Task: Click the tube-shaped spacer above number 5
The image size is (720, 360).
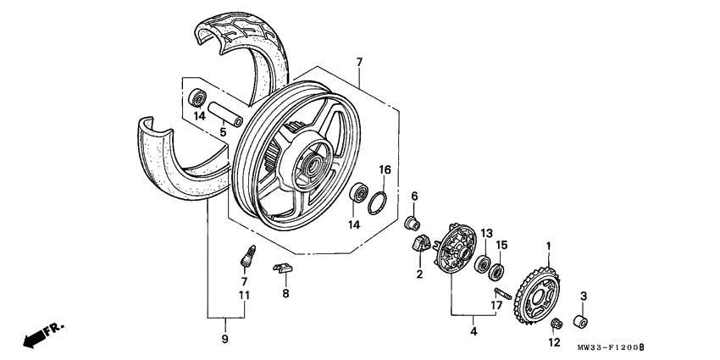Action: pos(223,113)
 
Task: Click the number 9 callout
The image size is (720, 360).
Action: pos(225,339)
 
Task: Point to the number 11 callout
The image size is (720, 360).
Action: pos(244,295)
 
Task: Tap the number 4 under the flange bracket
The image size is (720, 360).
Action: pos(474,332)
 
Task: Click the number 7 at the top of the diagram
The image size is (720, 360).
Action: pos(358,63)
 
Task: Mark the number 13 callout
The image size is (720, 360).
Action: pos(486,233)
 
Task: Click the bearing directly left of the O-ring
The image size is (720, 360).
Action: pos(359,192)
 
